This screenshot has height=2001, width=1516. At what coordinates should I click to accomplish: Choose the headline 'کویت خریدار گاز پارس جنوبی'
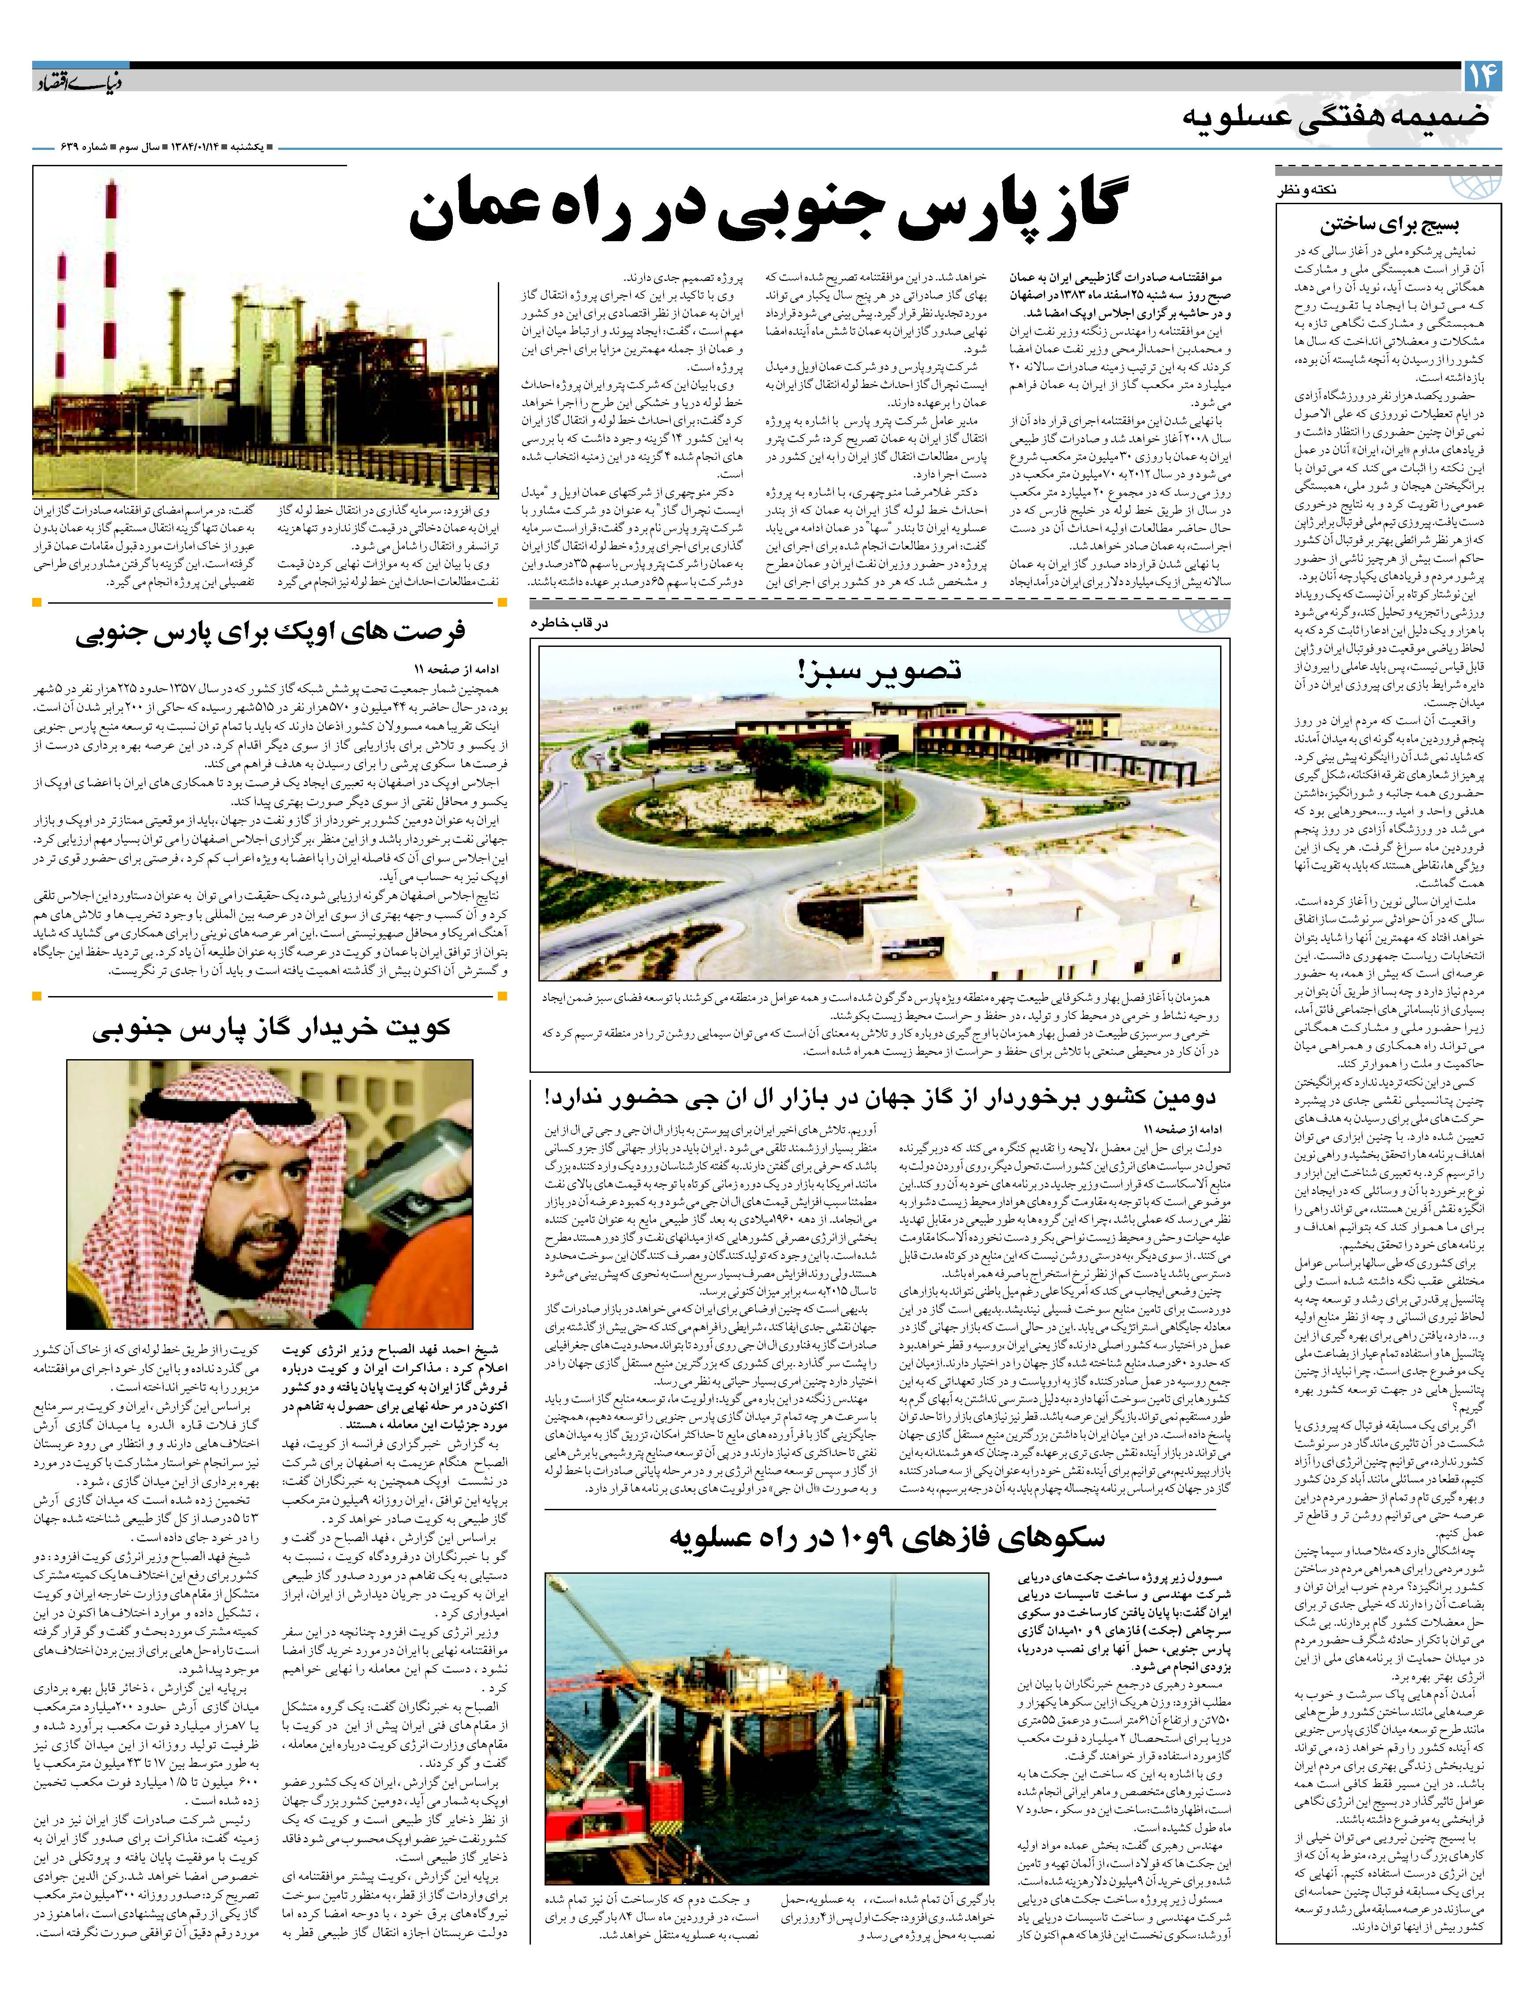point(271,1029)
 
